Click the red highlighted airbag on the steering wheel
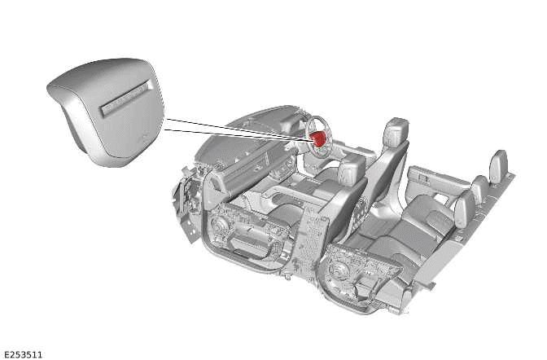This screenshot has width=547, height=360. [320, 138]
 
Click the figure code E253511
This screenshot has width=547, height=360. [23, 354]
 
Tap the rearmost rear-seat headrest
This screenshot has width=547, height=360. [498, 166]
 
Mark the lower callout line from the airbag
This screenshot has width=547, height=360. [236, 135]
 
